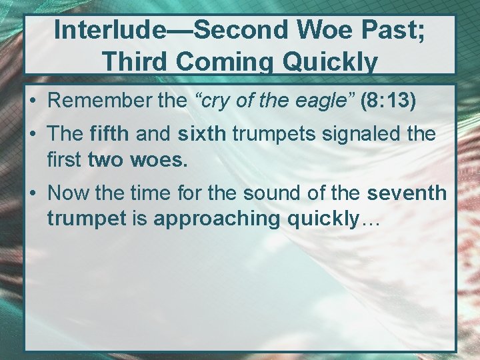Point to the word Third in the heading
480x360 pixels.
136,62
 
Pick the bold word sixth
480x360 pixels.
201,133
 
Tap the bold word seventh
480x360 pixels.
406,193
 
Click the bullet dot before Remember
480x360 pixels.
33,102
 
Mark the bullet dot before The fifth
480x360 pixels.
33,134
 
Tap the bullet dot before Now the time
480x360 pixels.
33,194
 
